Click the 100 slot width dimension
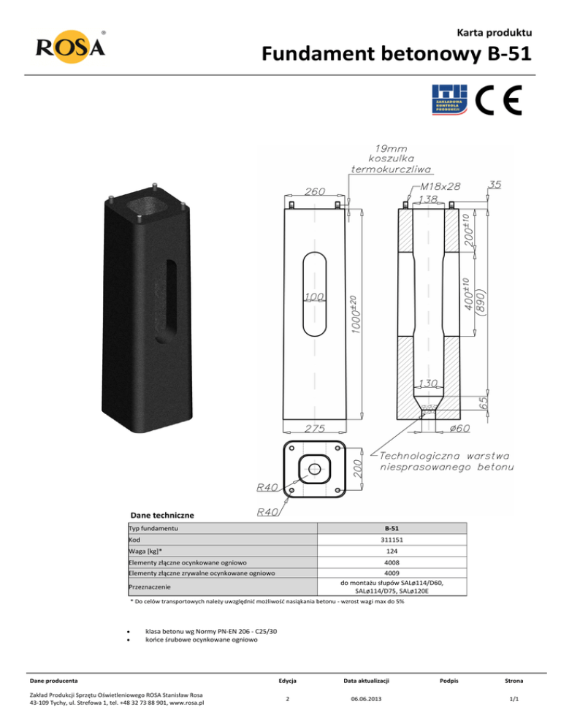coord(313,297)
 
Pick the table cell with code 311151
coord(391,539)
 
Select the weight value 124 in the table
coord(391,551)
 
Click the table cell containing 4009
coord(391,574)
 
